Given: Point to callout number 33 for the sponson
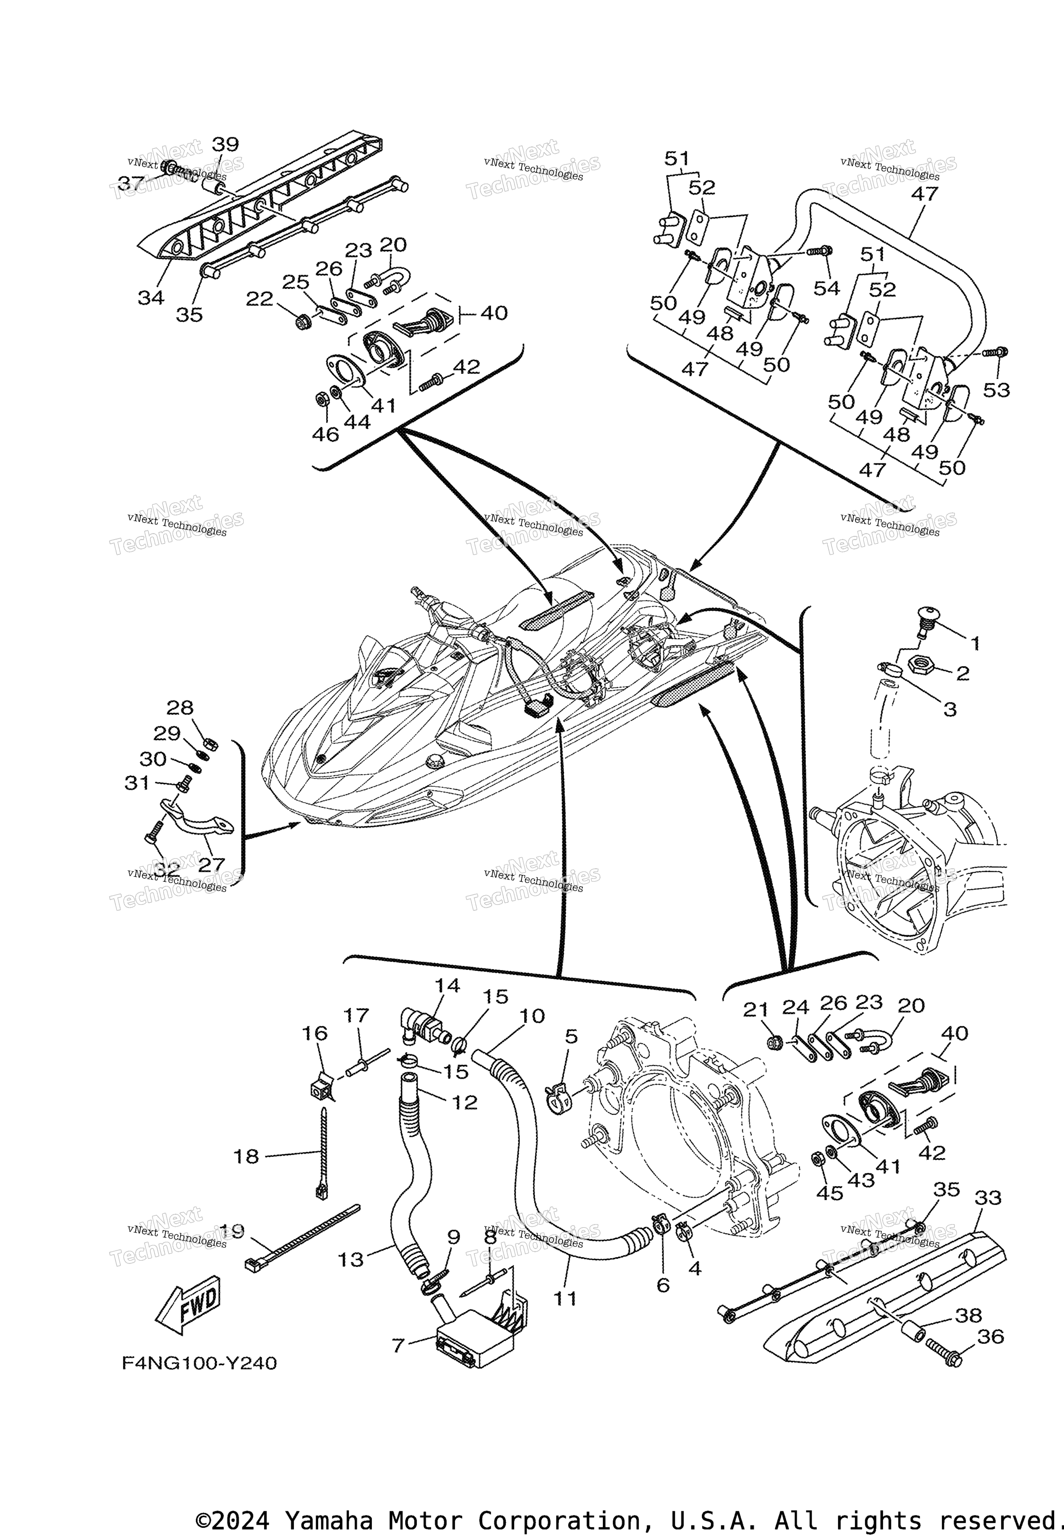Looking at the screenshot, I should [988, 1197].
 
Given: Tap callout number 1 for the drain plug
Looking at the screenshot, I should [975, 643].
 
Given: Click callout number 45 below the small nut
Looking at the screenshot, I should [830, 1193].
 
